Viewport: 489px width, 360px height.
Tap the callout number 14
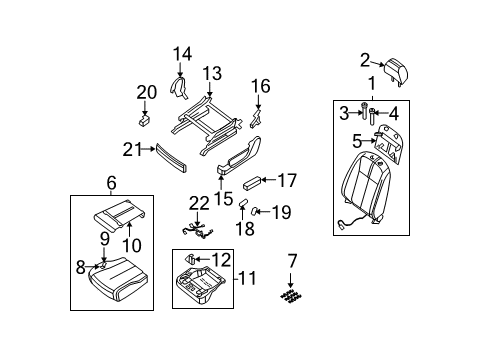tap(181, 54)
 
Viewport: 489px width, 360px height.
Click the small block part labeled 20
tap(144, 117)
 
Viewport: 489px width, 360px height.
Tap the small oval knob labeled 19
tap(257, 210)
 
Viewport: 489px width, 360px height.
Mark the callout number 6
tap(109, 183)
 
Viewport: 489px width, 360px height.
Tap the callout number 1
tap(372, 83)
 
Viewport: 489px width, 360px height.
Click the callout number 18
tap(241, 229)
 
